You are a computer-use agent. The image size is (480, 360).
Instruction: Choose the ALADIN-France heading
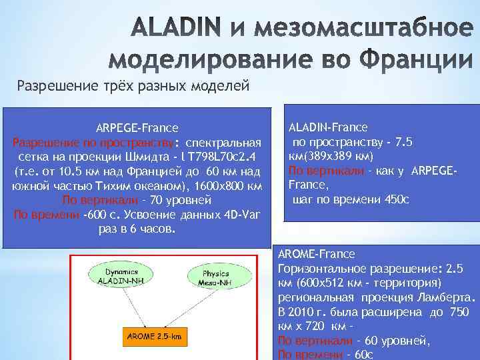click(x=328, y=127)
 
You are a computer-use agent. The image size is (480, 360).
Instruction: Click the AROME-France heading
click(x=316, y=254)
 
